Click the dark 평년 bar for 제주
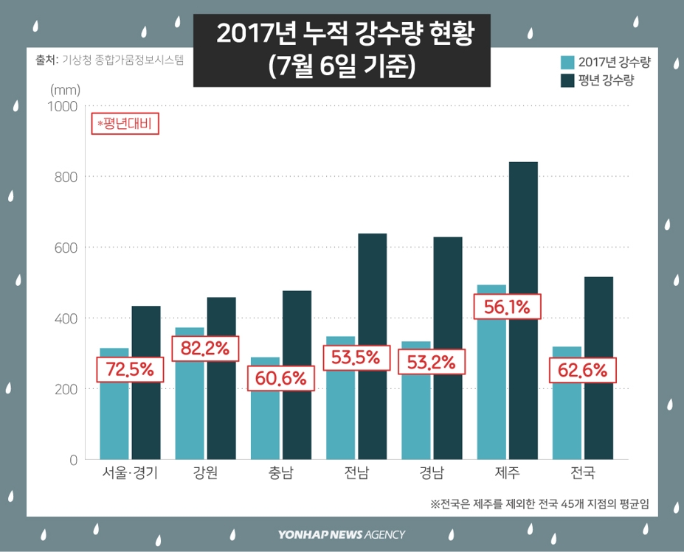pos(522,310)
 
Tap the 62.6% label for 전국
pos(583,370)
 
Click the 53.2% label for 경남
pos(432,362)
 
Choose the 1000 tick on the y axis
pos(63,106)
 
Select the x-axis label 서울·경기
pos(130,473)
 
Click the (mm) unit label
pos(65,88)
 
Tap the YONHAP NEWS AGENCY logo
pos(342,534)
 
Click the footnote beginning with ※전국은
pos(544,504)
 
